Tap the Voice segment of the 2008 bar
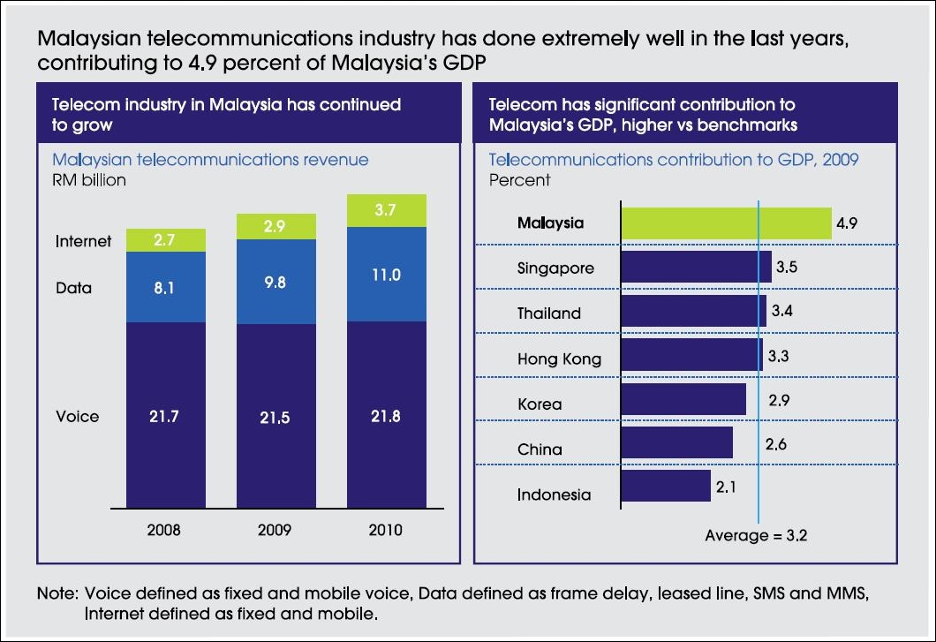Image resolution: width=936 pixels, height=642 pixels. click(x=166, y=415)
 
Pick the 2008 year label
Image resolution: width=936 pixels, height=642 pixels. click(x=166, y=530)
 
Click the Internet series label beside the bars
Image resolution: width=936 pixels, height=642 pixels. click(x=84, y=240)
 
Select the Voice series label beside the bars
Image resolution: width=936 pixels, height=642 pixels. click(x=77, y=416)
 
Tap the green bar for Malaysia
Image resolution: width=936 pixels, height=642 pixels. click(x=726, y=223)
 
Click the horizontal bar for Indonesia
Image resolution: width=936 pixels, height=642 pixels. click(x=666, y=486)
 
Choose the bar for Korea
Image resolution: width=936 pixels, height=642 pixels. click(x=683, y=398)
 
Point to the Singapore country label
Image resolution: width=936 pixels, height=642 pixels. click(x=555, y=268)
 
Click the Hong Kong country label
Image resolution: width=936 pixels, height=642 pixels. click(x=559, y=359)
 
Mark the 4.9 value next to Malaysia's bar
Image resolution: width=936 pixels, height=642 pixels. click(x=846, y=223)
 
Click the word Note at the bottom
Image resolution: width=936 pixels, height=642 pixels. click(x=57, y=594)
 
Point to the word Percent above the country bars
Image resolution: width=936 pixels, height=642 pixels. click(x=519, y=180)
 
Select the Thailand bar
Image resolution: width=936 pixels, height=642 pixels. click(x=693, y=311)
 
